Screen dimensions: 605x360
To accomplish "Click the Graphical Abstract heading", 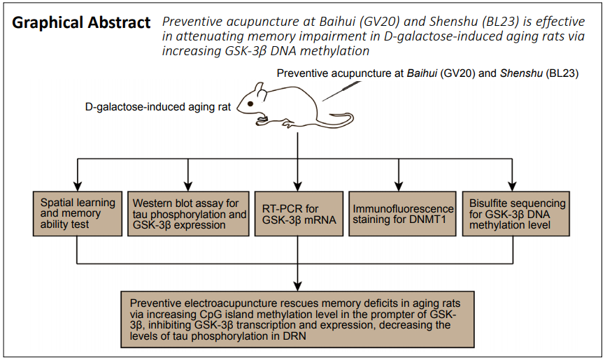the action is [x=81, y=23].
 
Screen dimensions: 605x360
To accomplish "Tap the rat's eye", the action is [x=250, y=103].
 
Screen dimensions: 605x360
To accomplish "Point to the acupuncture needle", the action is [x=341, y=91].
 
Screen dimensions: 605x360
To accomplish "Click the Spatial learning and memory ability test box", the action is [x=78, y=213].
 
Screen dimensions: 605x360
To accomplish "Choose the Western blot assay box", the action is [x=188, y=213].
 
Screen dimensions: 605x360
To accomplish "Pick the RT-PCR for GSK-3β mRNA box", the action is [x=299, y=213].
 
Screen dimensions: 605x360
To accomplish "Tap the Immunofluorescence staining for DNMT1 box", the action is [x=402, y=213].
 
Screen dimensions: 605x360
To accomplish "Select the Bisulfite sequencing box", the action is [x=516, y=213].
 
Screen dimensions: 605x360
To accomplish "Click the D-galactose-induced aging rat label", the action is [x=158, y=107].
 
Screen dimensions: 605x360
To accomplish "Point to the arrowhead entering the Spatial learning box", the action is [x=78, y=186].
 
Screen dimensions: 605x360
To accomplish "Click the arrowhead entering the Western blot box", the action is [x=188, y=186].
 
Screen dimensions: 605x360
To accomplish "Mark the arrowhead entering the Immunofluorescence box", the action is [x=399, y=186].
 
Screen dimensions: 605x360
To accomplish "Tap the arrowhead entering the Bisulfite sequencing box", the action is [x=512, y=186].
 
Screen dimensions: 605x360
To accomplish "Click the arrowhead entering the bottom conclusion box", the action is [x=297, y=286].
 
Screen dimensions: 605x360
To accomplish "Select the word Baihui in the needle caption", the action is [x=422, y=73].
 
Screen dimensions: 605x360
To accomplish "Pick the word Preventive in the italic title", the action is [x=192, y=22].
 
